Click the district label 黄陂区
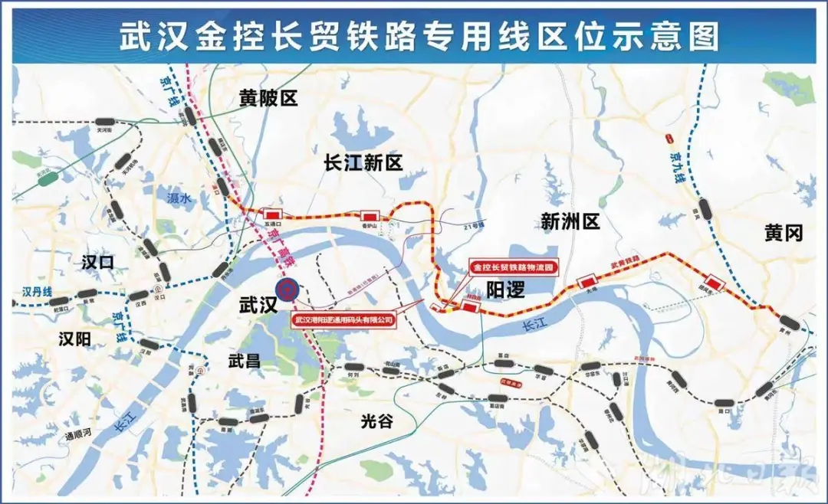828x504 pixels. point(268,97)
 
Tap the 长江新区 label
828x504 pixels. point(363,162)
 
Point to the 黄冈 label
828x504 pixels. point(783,233)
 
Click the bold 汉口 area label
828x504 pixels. point(97,263)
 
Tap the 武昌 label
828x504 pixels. point(245,362)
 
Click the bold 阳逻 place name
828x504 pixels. point(506,289)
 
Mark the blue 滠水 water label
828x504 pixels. point(178,198)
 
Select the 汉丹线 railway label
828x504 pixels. point(35,292)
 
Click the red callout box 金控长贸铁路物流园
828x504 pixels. point(512,268)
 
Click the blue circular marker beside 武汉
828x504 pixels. point(287,290)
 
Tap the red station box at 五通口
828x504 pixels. point(271,213)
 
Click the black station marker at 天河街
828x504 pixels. point(105,122)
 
